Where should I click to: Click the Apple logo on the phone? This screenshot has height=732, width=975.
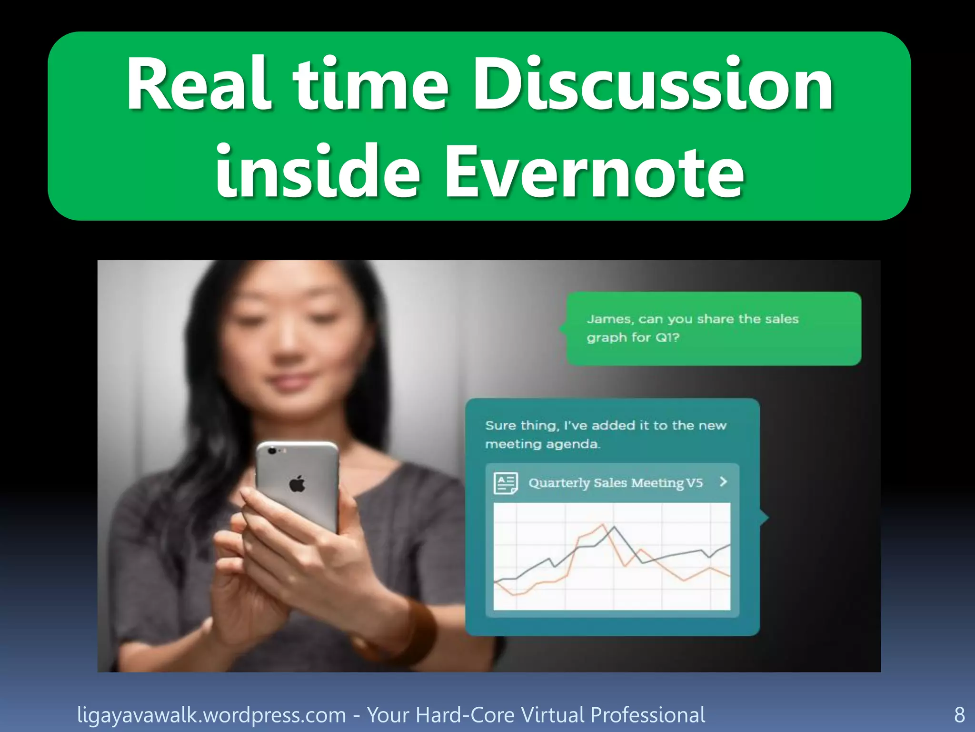(297, 484)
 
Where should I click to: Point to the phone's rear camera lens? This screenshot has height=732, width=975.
(272, 450)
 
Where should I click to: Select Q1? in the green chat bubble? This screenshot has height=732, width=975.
(667, 337)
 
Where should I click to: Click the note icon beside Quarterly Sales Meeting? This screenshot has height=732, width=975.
(505, 483)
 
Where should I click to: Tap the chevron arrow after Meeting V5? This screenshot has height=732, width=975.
(724, 482)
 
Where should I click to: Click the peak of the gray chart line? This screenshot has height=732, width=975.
(614, 527)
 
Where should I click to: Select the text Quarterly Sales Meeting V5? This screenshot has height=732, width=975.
(615, 483)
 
